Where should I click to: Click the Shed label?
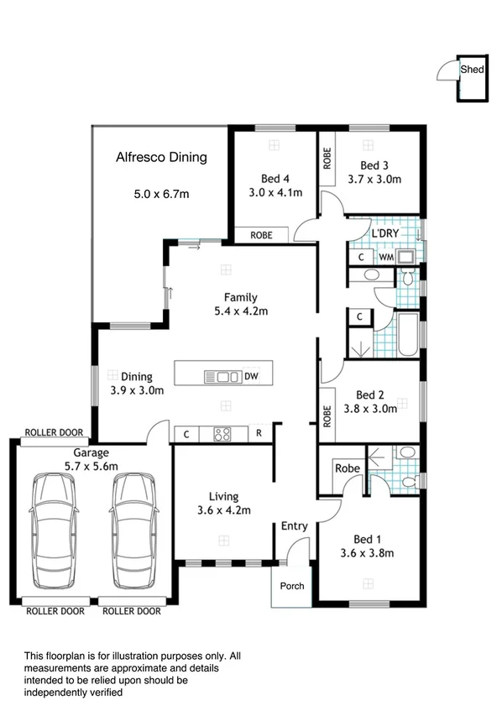(472, 70)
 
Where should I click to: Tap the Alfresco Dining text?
(161, 157)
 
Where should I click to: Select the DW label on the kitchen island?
(251, 376)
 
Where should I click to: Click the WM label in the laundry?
(385, 257)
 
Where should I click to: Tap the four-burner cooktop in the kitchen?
(222, 434)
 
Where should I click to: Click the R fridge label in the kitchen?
(259, 434)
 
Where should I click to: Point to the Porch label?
(291, 586)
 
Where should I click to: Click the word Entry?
(294, 526)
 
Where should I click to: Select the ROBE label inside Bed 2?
(327, 416)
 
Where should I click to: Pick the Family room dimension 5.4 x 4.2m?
(240, 311)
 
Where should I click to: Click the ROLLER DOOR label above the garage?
(54, 432)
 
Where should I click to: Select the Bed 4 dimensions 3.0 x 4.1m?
(275, 192)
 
